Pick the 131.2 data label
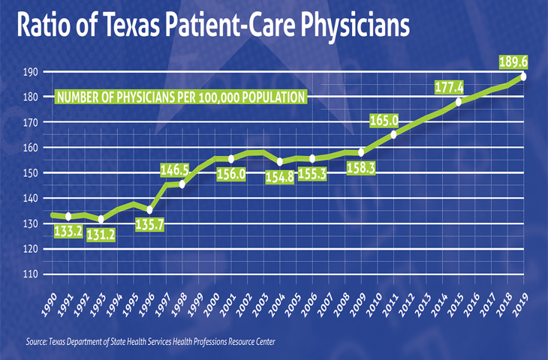coord(110,232)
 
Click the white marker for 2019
coord(522,76)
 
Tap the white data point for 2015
coord(459,102)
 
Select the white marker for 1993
coord(101,219)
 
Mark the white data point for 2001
coord(230,159)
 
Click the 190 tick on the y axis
coord(30,72)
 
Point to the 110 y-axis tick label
coord(30,274)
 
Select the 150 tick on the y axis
coord(30,173)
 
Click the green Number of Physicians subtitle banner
coord(181,97)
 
